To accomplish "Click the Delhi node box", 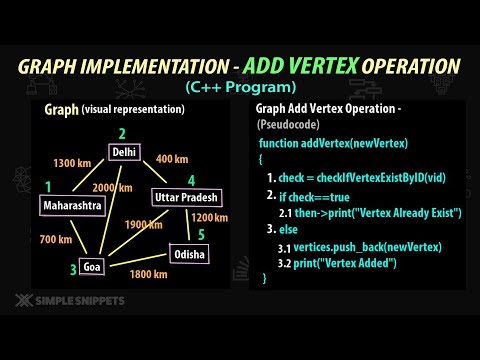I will click(125, 152).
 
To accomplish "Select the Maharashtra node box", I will click(71, 205).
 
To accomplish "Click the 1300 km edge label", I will click(71, 162).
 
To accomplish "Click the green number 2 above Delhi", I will click(124, 132).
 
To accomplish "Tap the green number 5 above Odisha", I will click(204, 235).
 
